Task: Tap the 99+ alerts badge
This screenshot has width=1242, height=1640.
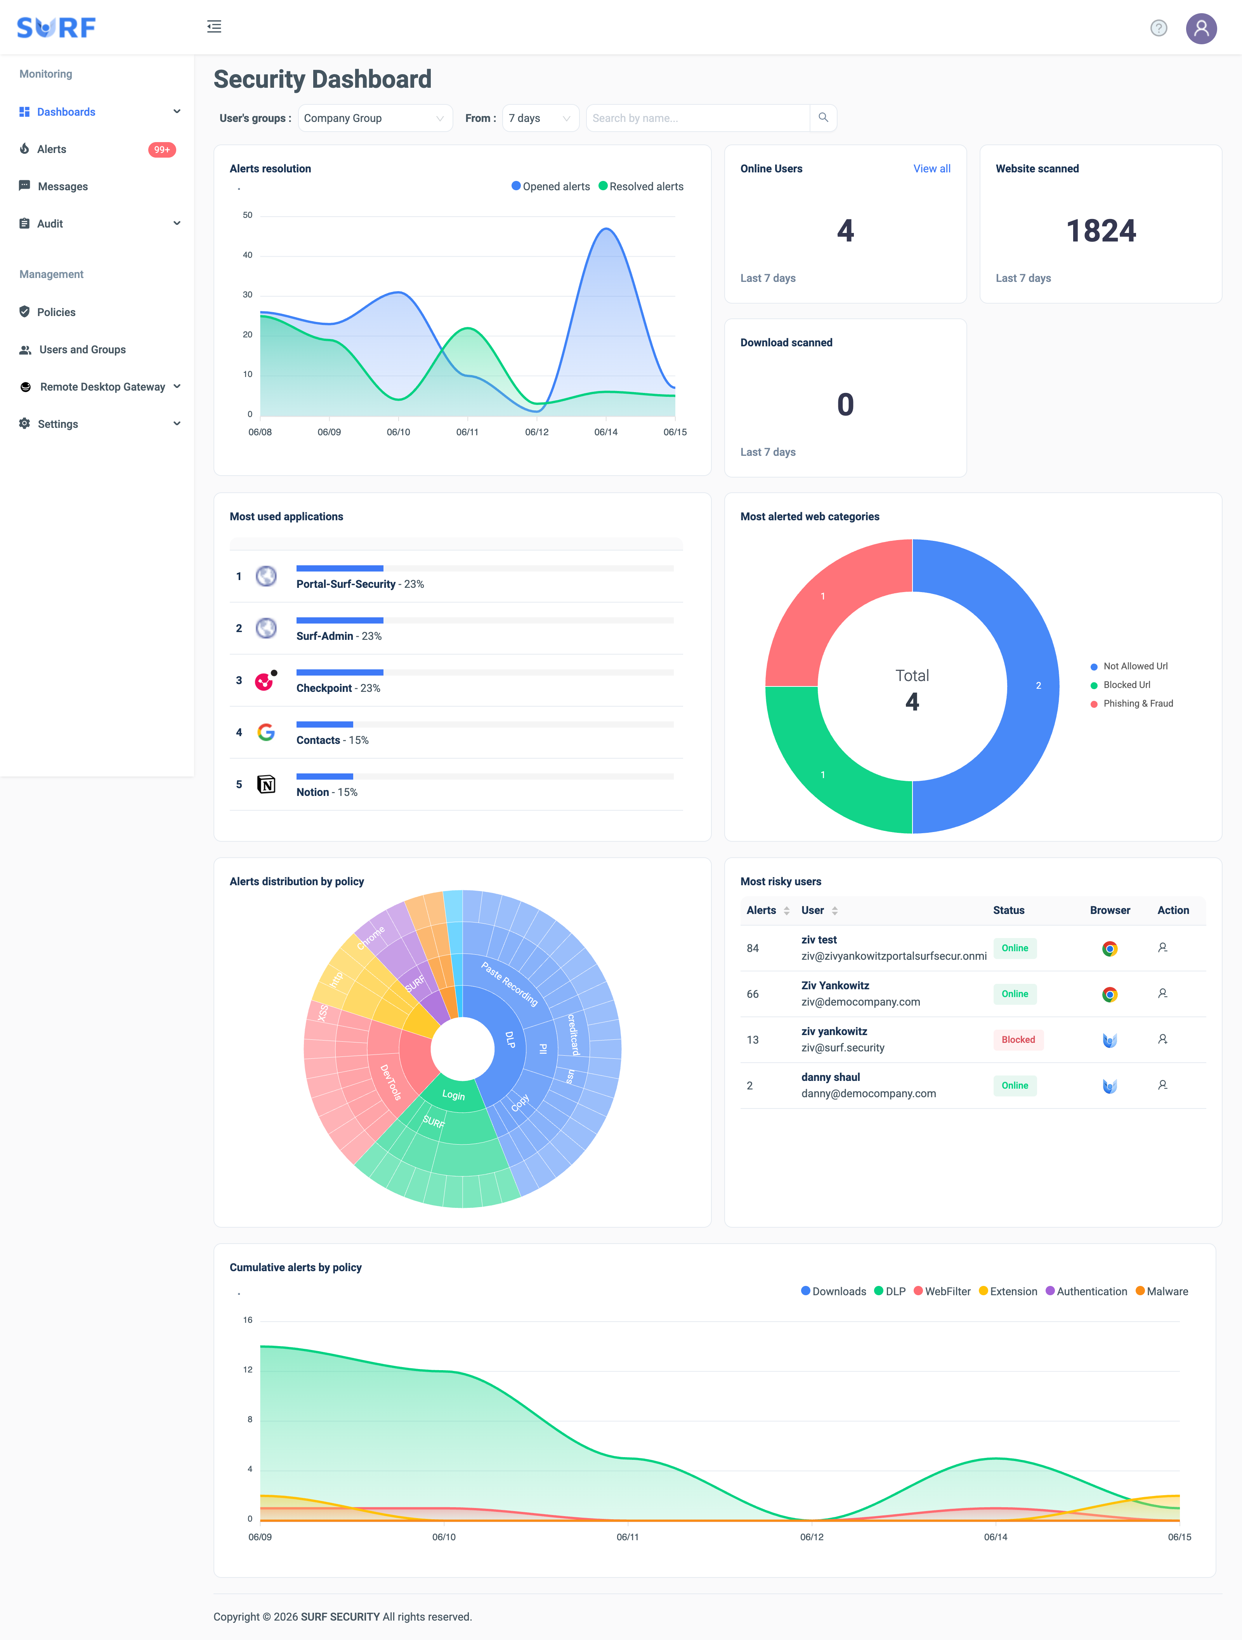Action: click(161, 150)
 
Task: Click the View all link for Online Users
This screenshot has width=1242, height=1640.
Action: click(931, 168)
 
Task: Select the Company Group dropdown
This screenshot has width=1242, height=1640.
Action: click(375, 118)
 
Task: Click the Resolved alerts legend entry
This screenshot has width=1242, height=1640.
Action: click(641, 186)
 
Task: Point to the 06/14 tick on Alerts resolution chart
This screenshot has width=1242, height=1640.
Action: click(605, 431)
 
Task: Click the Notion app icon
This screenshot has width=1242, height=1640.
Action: click(266, 784)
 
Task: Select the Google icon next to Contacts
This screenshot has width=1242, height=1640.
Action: click(266, 733)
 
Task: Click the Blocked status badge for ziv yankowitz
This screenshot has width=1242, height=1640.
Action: click(1018, 1039)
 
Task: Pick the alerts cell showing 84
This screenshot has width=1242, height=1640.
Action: click(753, 948)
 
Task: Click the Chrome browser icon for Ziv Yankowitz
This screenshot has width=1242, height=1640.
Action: click(1109, 994)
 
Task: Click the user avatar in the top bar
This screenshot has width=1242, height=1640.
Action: click(1201, 28)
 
